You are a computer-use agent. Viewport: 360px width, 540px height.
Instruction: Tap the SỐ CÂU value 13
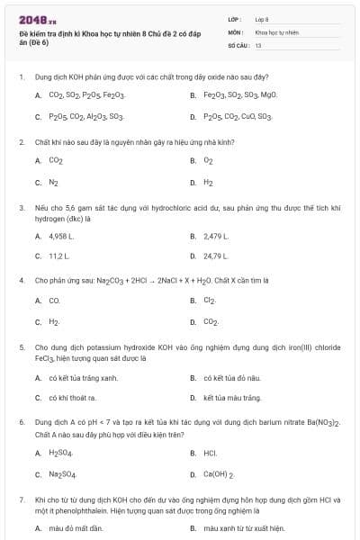pos(258,44)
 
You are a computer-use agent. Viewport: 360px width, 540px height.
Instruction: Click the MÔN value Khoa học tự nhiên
pos(275,31)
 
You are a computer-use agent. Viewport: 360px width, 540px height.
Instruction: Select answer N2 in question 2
pos(54,182)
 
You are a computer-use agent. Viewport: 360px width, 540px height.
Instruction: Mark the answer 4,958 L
pos(60,236)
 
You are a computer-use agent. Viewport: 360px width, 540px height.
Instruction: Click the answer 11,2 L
pos(58,256)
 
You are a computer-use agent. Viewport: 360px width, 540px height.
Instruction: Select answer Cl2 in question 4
pos(209,300)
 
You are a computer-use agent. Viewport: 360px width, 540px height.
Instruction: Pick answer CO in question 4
pos(54,300)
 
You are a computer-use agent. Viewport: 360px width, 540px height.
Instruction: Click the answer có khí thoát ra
pos(73,398)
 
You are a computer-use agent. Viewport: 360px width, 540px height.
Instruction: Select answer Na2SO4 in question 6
pos(61,474)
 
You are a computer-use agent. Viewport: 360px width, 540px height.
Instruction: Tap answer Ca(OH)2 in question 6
pos(219,474)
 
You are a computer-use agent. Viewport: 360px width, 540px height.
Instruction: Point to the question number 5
pos(22,346)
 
